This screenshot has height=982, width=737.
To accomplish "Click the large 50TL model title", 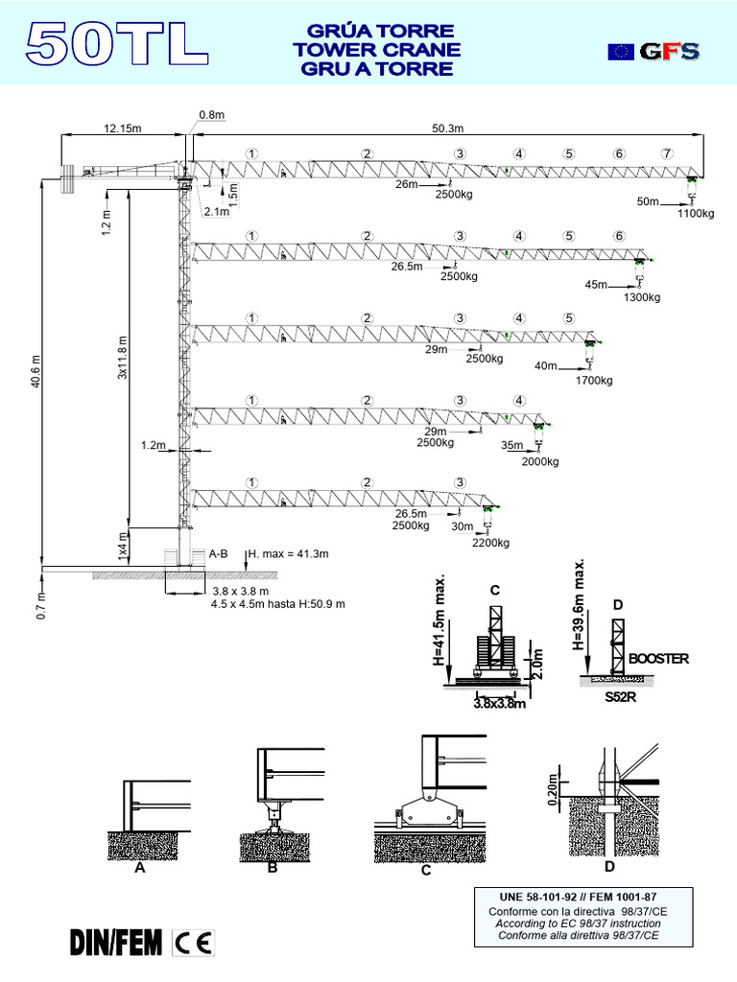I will pyautogui.click(x=117, y=45).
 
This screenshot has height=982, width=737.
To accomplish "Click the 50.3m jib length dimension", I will pyautogui.click(x=447, y=129).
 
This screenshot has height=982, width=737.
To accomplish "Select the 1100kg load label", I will pyautogui.click(x=696, y=214).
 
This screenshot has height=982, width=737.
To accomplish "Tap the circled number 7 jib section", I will pyautogui.click(x=667, y=153).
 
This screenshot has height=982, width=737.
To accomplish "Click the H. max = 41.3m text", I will pyautogui.click(x=288, y=554).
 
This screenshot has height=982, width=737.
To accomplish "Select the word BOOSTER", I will pyautogui.click(x=659, y=660).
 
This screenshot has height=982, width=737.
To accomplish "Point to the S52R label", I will pyautogui.click(x=621, y=697).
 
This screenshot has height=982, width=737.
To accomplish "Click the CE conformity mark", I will pyautogui.click(x=194, y=943).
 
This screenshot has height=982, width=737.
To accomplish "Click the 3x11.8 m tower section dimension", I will pyautogui.click(x=122, y=358).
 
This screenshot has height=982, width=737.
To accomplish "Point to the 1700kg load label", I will pyautogui.click(x=592, y=381).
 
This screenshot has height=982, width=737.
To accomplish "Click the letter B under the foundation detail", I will pyautogui.click(x=272, y=868).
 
